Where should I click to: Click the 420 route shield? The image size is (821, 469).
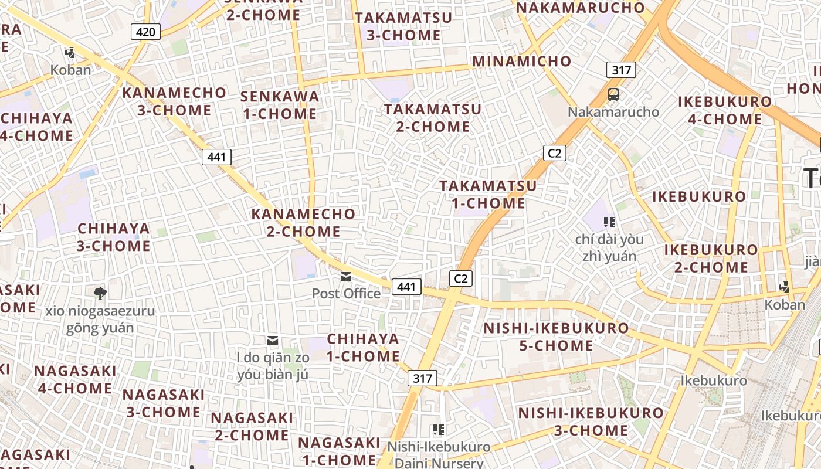coord(145,32)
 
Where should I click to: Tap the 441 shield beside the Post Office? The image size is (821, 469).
coord(406,287)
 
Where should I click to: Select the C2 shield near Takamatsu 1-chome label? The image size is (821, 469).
coord(554,154)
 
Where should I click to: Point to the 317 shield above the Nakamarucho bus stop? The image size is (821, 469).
coord(621,70)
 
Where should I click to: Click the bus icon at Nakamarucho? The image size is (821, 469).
coord(613,94)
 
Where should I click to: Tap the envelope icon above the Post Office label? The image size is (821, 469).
coord(346,277)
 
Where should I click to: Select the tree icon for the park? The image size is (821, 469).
coord(100,293)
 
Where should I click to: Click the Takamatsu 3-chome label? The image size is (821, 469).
coord(404,26)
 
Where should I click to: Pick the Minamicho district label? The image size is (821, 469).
coord(522,62)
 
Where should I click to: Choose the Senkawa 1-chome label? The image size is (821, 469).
coord(280,105)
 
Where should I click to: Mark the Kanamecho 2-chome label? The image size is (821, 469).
coord(304,223)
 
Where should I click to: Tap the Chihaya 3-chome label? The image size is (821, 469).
coord(114,237)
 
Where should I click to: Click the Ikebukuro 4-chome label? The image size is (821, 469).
coord(725,110)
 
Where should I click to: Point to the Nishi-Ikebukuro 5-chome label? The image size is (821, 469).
coord(557,337)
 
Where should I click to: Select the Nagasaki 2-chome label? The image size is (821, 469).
coord(252,426)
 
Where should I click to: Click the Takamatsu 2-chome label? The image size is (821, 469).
coord(433,118)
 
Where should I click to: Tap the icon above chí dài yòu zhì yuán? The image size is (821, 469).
coord(609,222)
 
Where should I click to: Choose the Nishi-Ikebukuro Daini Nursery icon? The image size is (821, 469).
coord(438,430)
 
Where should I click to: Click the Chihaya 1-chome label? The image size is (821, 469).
coord(363,347)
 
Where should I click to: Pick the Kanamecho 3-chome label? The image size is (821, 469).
coord(174,101)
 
